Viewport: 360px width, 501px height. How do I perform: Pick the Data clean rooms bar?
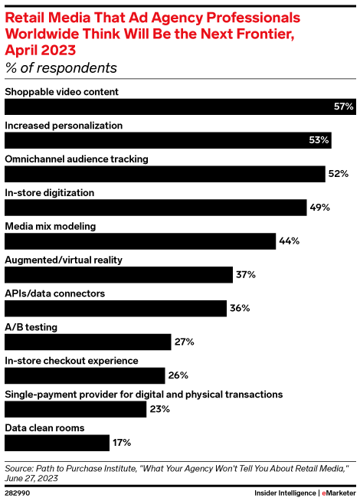coord(57,442)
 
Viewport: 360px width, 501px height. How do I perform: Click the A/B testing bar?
coord(88,342)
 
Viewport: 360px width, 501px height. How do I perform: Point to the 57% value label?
coord(343,106)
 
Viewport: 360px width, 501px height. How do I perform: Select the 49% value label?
coord(321,208)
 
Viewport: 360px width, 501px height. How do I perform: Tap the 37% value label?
coord(246,274)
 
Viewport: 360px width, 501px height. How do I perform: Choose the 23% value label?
coord(159,409)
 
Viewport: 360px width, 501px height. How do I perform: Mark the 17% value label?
coord(122,442)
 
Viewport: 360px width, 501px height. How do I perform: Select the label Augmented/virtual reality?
coord(64,260)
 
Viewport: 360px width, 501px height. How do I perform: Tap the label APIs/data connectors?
coord(55,293)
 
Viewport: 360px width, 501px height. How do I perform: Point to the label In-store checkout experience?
coord(71,360)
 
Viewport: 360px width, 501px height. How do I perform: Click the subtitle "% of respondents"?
coord(61,67)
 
